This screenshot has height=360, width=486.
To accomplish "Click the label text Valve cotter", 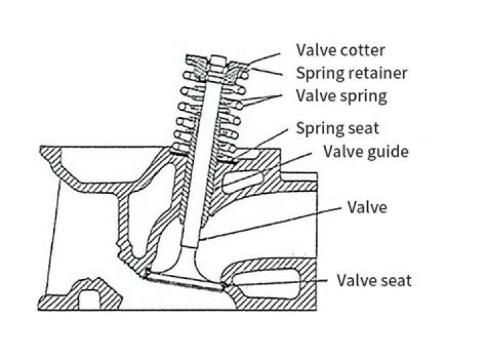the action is coord(340,50).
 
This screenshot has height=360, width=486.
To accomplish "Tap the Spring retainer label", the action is coord(352,74).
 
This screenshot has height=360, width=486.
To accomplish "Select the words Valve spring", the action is coord(342,97).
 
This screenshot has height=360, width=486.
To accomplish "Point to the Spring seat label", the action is coord(337,128).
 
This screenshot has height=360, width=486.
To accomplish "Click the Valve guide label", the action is coord(366,151).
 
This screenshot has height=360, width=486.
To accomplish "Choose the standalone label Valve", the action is coord(367,207).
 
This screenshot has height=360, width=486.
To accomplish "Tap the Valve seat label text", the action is coord(374,280).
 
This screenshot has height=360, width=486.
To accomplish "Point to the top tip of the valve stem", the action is coord(218,57).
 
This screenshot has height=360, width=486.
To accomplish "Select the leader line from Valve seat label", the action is coord(276,282).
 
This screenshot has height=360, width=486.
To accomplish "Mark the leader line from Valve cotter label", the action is coord(264,59).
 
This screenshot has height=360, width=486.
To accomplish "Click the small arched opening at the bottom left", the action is coord(89,299).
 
